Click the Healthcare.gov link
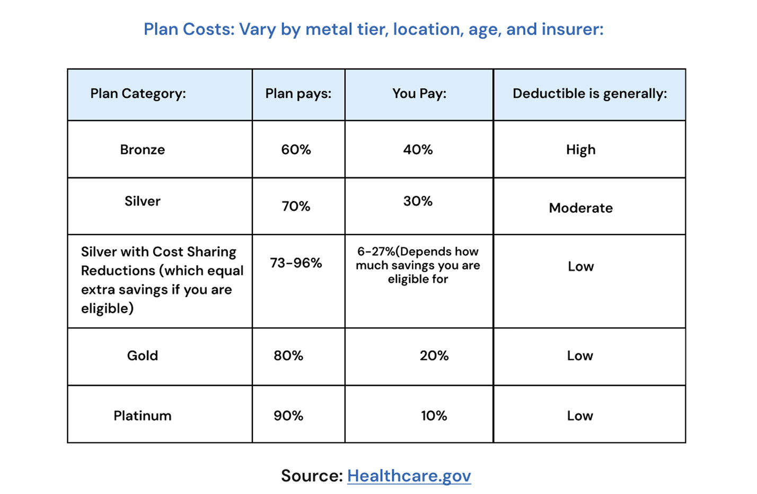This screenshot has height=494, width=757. [x=409, y=475]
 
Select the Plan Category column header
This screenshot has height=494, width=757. [x=138, y=94]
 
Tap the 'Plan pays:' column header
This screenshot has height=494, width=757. [x=298, y=94]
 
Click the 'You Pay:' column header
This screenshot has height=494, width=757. [x=419, y=94]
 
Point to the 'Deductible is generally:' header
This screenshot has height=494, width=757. [x=589, y=94]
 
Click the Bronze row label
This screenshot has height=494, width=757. [x=142, y=150]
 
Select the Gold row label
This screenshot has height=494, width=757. [x=142, y=356]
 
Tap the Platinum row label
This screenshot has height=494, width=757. [x=142, y=415]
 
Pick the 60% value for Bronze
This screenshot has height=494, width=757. [x=296, y=150]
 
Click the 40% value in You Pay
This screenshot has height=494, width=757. [x=418, y=150]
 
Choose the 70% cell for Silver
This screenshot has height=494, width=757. [x=296, y=206]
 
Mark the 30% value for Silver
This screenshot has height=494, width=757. [x=418, y=201]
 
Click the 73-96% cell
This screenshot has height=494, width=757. [x=296, y=263]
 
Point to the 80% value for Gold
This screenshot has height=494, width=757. [x=288, y=356]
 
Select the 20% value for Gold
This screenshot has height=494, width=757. [x=434, y=356]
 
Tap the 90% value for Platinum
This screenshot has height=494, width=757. [x=288, y=415]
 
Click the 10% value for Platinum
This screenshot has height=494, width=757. [x=434, y=415]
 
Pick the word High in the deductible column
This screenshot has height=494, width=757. [x=580, y=150]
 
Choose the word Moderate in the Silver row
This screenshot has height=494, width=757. [x=580, y=208]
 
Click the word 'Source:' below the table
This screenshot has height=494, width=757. [x=312, y=475]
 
